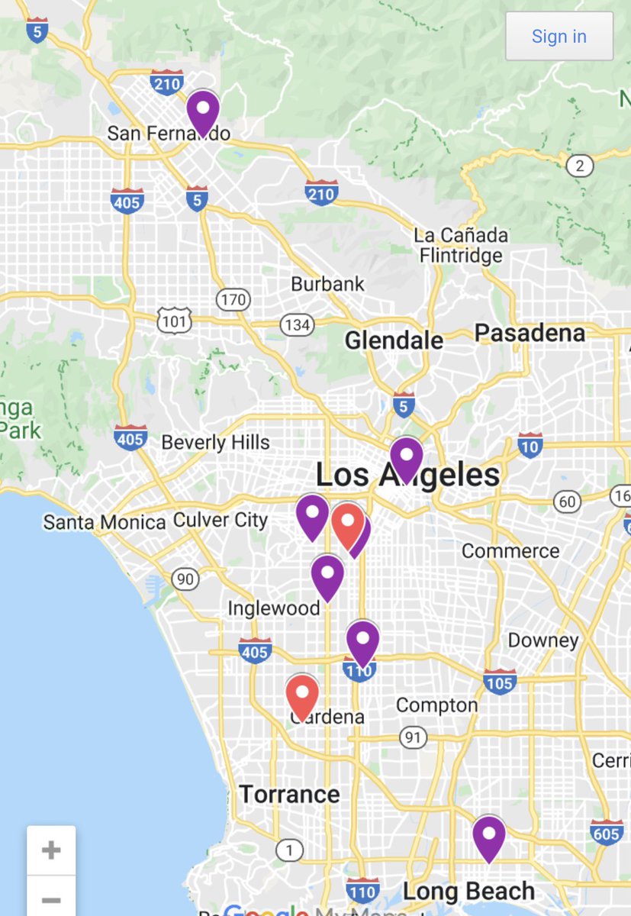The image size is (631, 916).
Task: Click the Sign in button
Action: [x=559, y=36]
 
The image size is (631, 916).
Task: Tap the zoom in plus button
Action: [x=51, y=850]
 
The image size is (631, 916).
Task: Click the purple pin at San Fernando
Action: [x=203, y=111]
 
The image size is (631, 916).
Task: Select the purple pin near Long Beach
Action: [x=488, y=837]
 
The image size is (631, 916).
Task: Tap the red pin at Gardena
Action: [x=302, y=696]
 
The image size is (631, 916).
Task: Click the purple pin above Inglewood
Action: [x=327, y=576]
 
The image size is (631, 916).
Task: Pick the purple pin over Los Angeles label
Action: [x=407, y=458]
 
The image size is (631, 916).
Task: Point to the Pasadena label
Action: [x=530, y=333]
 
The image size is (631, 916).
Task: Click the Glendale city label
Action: [x=394, y=340]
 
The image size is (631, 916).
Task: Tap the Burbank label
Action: [x=328, y=284]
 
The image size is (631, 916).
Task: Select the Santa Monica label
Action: [x=105, y=522]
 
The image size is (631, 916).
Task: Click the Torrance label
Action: [x=289, y=794]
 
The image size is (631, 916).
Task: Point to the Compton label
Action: [x=437, y=705]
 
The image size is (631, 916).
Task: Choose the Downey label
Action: [x=542, y=640]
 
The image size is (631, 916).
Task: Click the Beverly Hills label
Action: [x=215, y=442]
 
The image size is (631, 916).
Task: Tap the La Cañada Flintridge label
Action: [x=460, y=244]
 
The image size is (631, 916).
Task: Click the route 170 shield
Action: [x=232, y=300]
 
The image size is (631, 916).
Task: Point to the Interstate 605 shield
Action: [x=607, y=833]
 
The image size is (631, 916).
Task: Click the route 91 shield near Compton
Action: [x=413, y=737]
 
